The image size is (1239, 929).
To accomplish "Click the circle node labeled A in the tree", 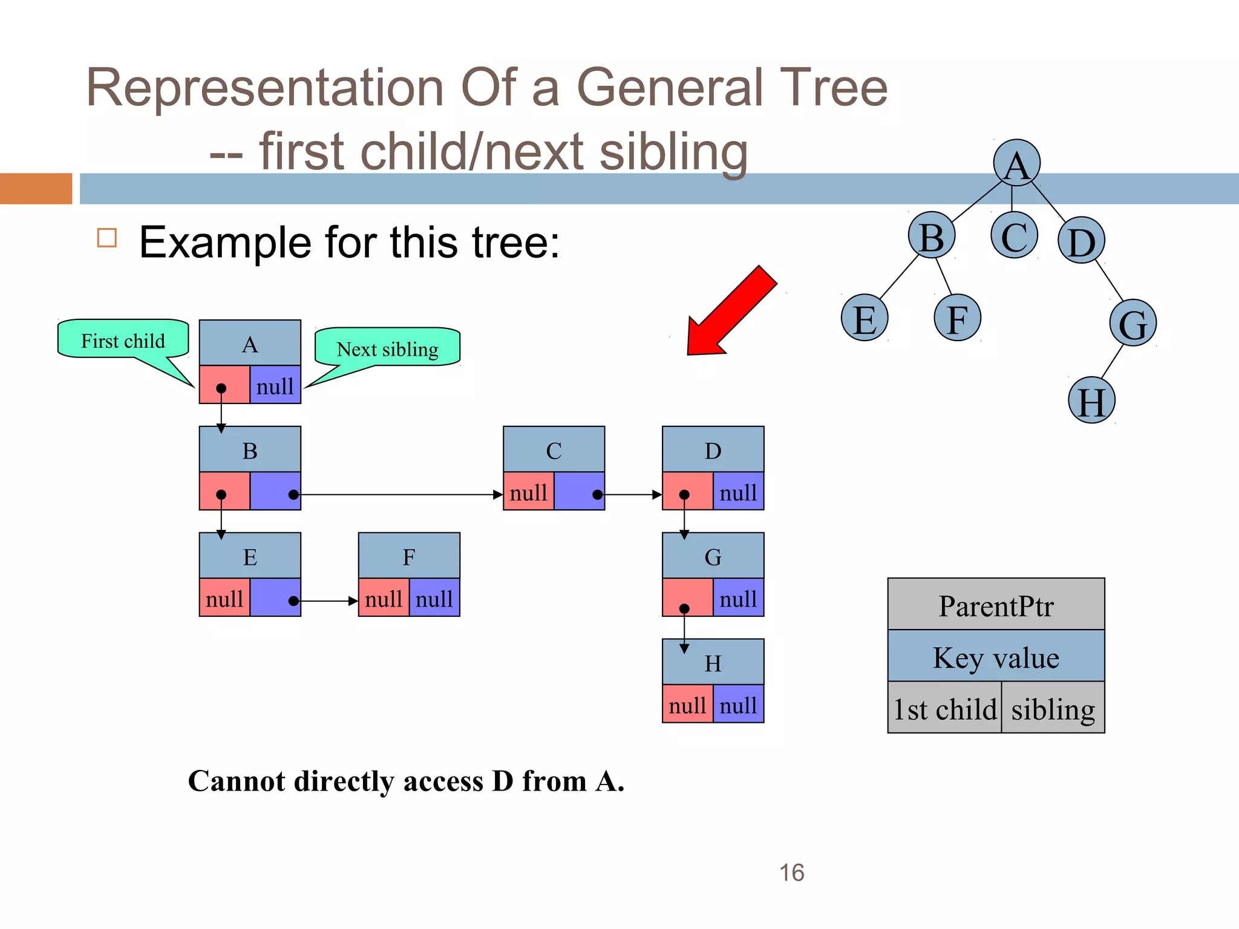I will tap(1016, 163).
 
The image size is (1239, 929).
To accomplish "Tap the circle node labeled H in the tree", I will tap(1091, 400).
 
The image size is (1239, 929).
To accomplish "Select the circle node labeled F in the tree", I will tap(957, 318).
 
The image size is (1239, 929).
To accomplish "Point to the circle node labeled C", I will tap(1015, 235).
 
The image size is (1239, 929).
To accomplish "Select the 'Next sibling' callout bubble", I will tap(387, 348).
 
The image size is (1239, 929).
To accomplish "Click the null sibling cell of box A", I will tap(275, 385).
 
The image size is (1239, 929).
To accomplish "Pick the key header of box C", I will tap(554, 450).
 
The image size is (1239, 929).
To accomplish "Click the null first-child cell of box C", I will tap(528, 492).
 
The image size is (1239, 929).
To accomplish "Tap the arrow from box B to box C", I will tap(399, 494).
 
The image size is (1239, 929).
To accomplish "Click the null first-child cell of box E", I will tap(224, 598).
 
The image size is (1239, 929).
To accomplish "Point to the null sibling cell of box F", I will tap(434, 598).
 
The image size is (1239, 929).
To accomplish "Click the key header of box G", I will tap(713, 556).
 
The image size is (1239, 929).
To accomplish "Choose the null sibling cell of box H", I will tap(738, 705).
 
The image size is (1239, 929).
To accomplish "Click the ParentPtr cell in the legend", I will tap(996, 605).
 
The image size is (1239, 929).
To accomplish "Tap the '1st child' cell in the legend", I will tap(944, 708).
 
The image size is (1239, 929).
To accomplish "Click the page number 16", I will tap(791, 872).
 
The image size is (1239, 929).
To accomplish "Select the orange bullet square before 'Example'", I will tap(107, 238).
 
